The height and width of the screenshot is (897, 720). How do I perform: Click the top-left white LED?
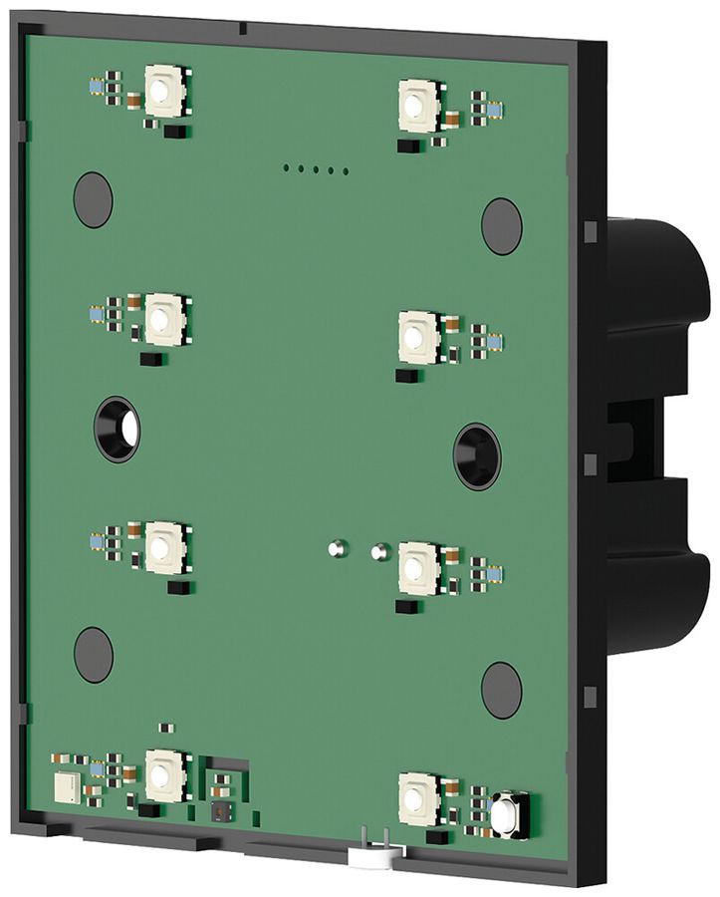(159, 93)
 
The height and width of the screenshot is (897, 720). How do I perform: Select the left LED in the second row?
(159, 320)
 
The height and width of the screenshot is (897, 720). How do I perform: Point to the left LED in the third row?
(159, 547)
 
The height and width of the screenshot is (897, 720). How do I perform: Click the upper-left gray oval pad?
(93, 198)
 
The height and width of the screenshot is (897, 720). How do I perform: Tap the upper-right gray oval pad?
(501, 225)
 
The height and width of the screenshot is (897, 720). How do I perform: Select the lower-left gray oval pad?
(93, 655)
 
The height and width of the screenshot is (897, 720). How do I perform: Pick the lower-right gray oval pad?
(501, 689)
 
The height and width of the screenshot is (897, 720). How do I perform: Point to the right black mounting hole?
(476, 455)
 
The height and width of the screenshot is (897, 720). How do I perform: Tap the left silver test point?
(337, 546)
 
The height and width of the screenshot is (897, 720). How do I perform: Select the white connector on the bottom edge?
(375, 852)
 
